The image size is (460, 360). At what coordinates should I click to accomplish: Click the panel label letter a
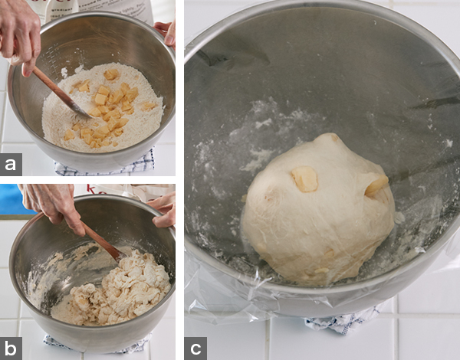point(11,165)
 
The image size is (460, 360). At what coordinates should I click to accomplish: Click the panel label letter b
point(11,349)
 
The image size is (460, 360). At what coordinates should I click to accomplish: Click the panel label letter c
point(195,349)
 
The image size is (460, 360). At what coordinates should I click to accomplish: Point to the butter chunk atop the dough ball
point(305,178)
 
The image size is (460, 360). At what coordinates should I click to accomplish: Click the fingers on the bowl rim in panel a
point(166,32)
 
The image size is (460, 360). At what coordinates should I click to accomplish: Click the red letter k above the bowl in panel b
point(91,190)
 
